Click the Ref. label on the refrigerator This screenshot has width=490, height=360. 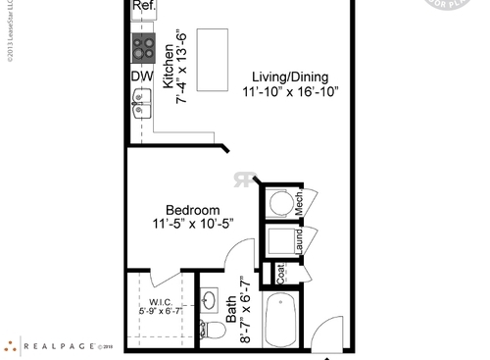(x=143, y=6)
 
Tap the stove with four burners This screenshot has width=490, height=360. (x=143, y=47)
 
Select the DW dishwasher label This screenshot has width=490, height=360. (x=141, y=75)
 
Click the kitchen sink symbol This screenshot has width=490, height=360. (x=142, y=101)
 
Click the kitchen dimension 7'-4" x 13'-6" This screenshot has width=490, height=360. (x=181, y=67)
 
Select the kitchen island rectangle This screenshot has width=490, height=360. (x=213, y=58)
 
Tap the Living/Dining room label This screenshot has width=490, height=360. (x=289, y=77)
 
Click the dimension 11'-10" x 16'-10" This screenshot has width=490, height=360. (x=290, y=92)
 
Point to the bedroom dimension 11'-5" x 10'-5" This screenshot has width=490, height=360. (x=191, y=225)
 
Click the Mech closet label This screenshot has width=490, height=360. (x=299, y=201)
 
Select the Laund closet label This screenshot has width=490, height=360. (x=299, y=242)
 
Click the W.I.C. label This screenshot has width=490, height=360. (x=161, y=302)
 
